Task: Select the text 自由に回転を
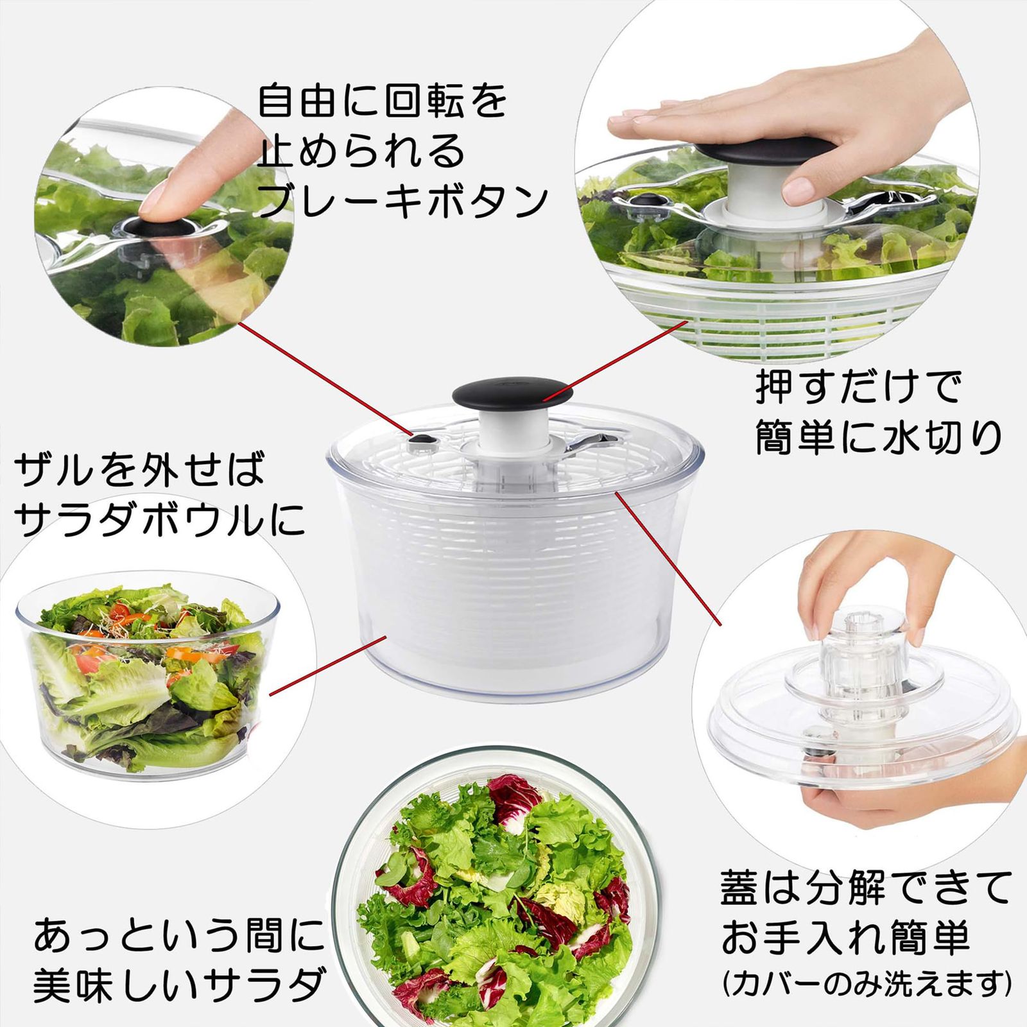coord(383,101)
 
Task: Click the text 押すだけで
coord(859,387)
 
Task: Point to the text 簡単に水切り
coord(878,438)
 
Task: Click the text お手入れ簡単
coord(845,938)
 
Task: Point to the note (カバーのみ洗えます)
coord(867,983)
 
